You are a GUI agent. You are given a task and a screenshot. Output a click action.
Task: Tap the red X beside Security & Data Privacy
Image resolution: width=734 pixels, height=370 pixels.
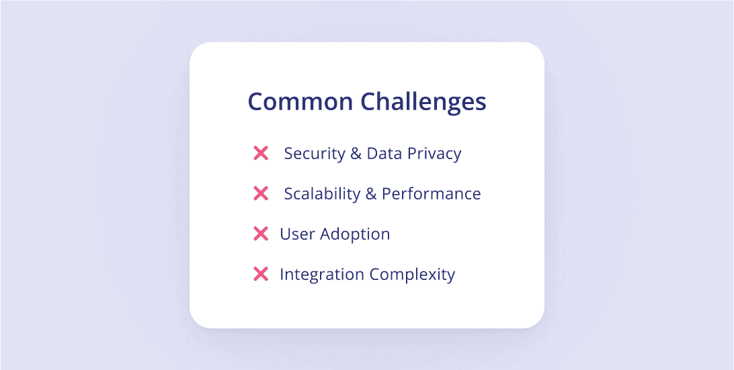(x=261, y=153)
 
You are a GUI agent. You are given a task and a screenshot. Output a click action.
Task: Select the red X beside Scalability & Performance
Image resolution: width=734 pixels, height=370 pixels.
(x=261, y=193)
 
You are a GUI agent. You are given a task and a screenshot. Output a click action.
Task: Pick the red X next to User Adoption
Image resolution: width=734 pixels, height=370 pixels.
(x=261, y=234)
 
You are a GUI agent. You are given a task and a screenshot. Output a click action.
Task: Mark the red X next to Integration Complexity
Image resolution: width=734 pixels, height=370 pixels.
(x=261, y=274)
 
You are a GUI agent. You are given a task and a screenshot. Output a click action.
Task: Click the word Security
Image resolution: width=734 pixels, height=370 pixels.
(x=314, y=154)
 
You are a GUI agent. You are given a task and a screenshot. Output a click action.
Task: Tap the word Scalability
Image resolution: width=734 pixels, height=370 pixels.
(x=322, y=194)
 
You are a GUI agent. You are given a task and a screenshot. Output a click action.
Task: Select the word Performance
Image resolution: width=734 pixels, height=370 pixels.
(x=432, y=193)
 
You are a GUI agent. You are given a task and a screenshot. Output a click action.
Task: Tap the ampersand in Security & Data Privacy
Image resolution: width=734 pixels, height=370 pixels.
(x=356, y=153)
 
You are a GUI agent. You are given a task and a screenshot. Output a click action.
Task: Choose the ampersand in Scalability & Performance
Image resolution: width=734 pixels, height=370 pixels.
(x=371, y=193)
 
